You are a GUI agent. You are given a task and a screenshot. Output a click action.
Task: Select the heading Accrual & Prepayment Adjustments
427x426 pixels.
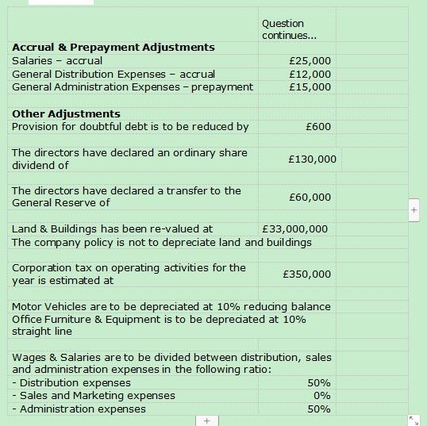113,48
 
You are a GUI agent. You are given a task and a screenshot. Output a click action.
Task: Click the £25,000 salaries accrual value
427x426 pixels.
310,61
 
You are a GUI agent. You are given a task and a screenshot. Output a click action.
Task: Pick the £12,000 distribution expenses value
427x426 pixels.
310,74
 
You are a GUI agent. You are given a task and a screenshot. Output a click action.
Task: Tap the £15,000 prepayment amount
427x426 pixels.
310,86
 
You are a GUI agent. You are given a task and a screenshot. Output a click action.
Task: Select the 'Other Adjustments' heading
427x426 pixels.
66,113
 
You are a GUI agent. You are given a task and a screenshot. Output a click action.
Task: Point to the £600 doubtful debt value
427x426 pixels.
318,126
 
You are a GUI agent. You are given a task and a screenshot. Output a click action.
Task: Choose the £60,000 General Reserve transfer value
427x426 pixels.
310,197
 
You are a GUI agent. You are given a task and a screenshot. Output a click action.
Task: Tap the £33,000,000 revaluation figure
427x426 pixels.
294,229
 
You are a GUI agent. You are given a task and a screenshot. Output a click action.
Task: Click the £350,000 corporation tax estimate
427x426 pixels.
307,274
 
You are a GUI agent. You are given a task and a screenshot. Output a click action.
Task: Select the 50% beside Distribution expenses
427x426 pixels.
319,383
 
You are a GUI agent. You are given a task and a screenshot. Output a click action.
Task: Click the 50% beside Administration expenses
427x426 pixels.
319,409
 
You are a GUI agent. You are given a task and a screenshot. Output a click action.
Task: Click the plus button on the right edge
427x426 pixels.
414,210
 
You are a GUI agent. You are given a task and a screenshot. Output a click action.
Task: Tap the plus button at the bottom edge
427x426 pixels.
206,420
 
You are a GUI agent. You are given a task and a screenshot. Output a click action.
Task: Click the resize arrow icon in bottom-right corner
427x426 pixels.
414,419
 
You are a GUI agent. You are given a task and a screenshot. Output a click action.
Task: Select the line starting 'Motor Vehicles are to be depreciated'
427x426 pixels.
171,306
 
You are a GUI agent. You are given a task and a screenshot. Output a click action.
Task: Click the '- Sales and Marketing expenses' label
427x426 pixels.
94,396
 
